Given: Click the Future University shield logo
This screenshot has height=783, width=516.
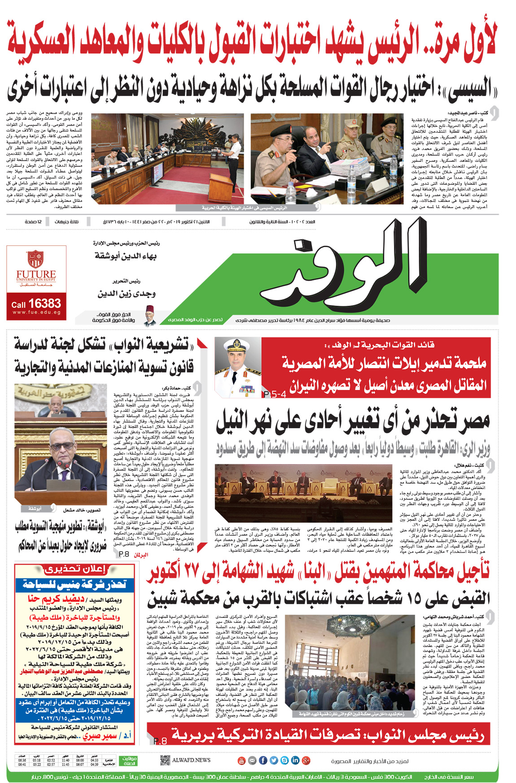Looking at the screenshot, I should (x=35, y=259).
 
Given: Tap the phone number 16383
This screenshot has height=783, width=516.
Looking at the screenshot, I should (x=44, y=303).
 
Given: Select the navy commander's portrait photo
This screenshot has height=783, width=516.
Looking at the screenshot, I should (x=237, y=367).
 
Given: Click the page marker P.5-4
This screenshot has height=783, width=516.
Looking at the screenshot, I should (x=275, y=394).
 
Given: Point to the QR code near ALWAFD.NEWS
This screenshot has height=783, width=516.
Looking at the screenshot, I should (x=165, y=760).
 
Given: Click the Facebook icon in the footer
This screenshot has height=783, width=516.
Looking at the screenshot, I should (x=263, y=760).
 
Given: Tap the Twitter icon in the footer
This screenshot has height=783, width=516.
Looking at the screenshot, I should (x=274, y=760).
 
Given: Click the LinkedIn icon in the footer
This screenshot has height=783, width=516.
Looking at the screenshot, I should (x=295, y=760).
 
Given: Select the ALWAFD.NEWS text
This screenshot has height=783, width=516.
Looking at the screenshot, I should (x=191, y=760).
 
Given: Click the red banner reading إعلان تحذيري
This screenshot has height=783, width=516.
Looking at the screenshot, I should (x=75, y=569).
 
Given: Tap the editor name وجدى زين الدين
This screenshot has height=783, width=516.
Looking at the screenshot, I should (x=127, y=294).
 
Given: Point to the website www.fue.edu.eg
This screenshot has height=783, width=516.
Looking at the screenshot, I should (x=36, y=313).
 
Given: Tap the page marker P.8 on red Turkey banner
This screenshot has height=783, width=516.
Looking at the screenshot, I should (x=160, y=741).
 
